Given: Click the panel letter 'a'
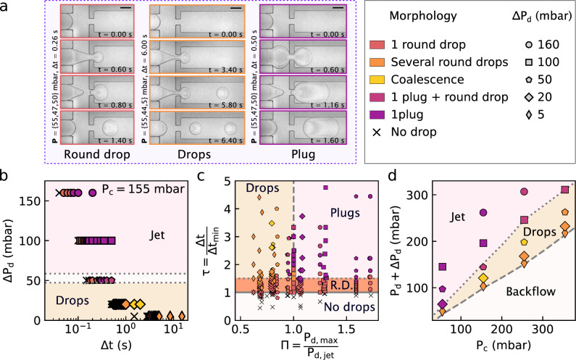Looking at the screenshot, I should click(x=6, y=5).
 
